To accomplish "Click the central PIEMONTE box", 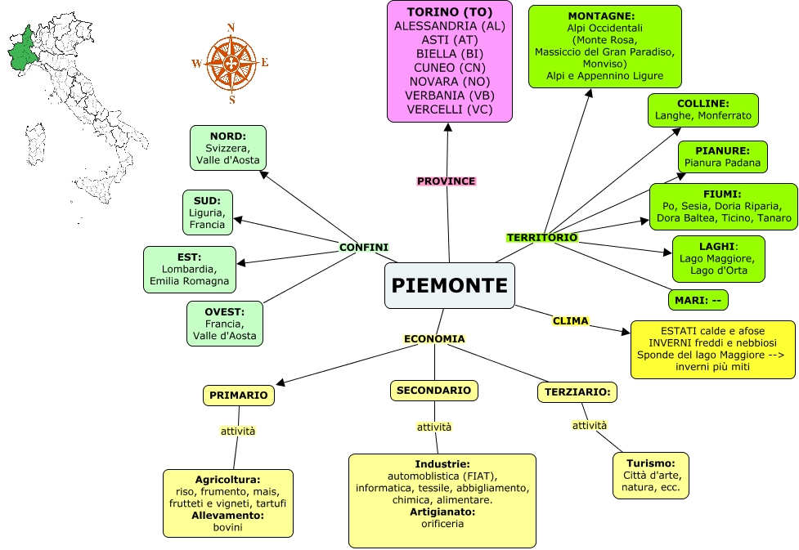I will click(449, 285).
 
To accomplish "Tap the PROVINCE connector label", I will click(446, 181).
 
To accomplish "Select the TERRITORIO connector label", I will click(542, 238).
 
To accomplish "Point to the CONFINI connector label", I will click(364, 248).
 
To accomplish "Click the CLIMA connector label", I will click(570, 321).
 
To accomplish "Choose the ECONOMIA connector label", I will click(434, 339).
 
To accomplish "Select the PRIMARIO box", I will click(238, 396).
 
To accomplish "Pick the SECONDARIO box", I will click(433, 391).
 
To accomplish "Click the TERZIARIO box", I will click(577, 392).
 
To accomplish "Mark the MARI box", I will click(698, 300).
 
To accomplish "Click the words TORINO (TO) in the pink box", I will click(449, 12).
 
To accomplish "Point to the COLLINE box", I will click(702, 110).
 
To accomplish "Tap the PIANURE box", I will click(722, 157).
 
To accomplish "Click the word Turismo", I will click(650, 463).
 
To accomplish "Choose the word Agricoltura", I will click(227, 480).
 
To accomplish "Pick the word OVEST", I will click(224, 311).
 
